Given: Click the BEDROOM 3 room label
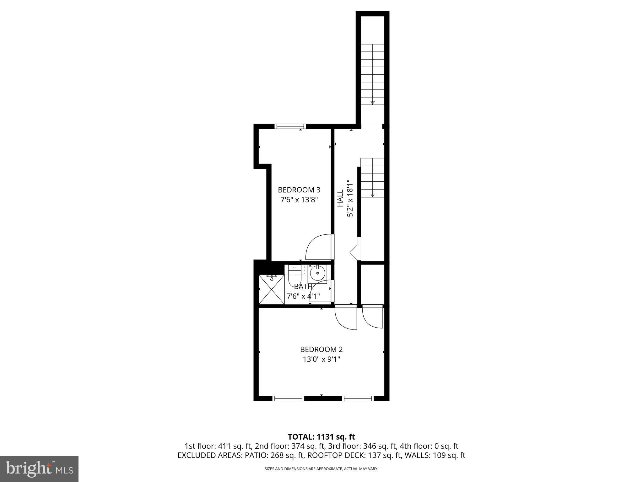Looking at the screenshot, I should point(299,190).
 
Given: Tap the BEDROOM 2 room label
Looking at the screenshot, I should point(321,349).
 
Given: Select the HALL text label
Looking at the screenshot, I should point(340,198).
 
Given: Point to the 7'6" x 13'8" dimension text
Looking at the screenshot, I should point(299,200).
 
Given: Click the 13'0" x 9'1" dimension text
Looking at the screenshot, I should point(321,359).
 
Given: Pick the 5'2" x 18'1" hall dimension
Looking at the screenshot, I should point(350,198).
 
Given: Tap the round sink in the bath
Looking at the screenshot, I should point(318,273).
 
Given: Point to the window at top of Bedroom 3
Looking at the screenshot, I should point(290,126).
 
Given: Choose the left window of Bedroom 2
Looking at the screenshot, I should point(288,399).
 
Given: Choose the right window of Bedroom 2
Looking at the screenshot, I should point(358,399).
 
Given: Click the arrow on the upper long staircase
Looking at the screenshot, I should point(372,103).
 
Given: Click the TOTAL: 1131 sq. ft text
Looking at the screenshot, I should point(321,437).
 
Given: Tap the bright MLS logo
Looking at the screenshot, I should point(39,469).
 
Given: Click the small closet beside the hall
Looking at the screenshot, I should point(372,284).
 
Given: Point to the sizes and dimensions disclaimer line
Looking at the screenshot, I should point(321,469).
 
